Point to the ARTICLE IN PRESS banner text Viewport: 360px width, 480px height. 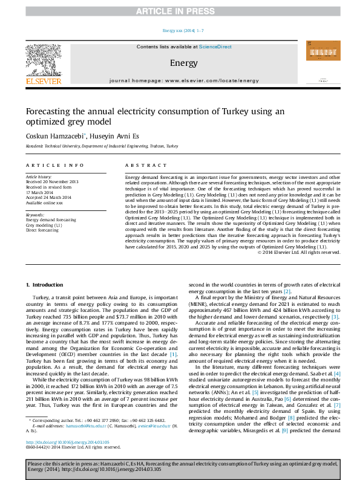pyautogui.click(x=179, y=11)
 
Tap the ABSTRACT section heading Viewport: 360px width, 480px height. pyautogui.click(x=141, y=165)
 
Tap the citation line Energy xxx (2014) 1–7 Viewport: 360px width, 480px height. pyautogui.click(x=179, y=30)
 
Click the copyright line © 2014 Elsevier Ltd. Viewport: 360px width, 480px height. pyautogui.click(x=299, y=269)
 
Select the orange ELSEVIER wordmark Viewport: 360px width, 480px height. pyautogui.click(x=44, y=81)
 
